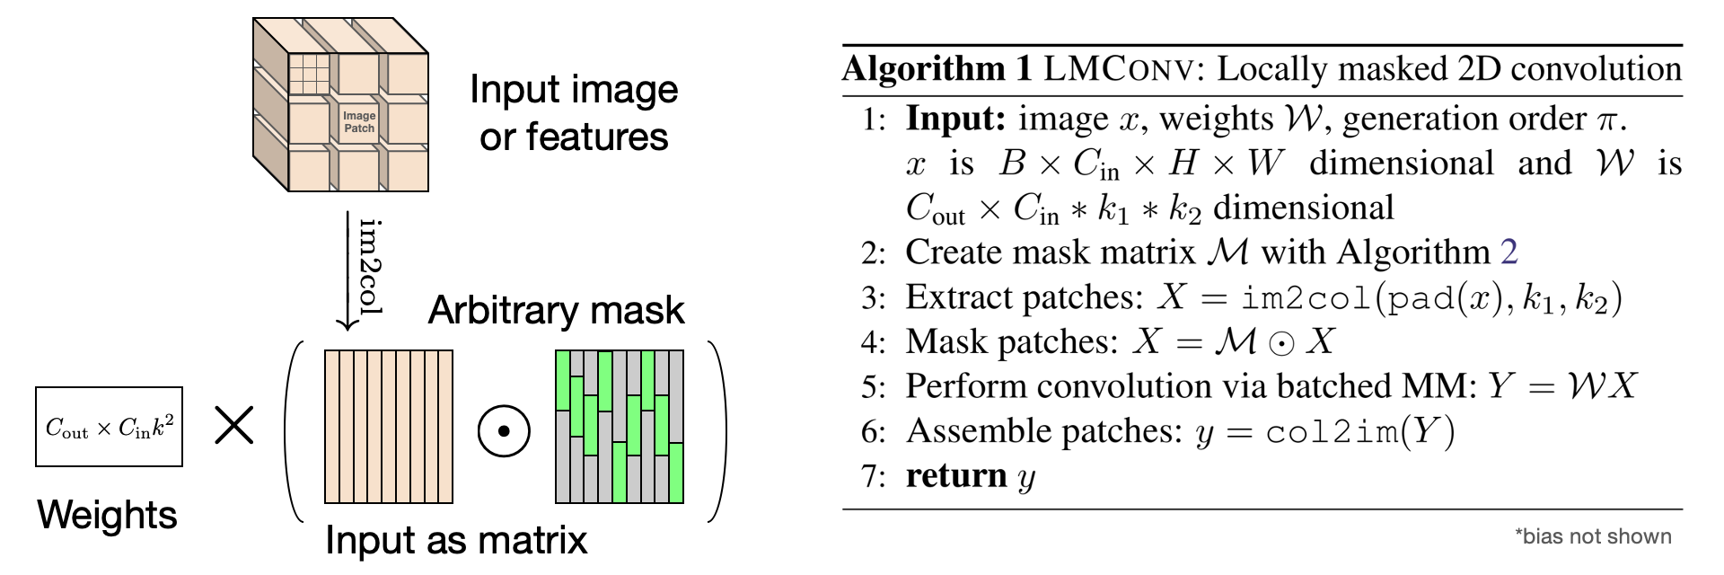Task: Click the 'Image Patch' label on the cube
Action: tap(359, 122)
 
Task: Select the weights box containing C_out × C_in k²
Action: tap(109, 427)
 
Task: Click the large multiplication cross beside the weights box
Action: tap(234, 426)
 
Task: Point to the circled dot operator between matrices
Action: tap(504, 431)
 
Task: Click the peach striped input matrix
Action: tap(389, 427)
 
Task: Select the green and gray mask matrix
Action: tap(620, 427)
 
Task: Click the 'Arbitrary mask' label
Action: tap(556, 310)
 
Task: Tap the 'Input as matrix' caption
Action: tap(456, 540)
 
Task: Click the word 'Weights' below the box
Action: tap(107, 515)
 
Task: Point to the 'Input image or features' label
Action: tap(574, 113)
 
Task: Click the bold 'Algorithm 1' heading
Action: tap(937, 69)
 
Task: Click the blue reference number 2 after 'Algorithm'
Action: tap(1508, 252)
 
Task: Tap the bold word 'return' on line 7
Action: tap(956, 475)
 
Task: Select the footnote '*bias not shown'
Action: tap(1593, 536)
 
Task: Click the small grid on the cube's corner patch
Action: tap(309, 74)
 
